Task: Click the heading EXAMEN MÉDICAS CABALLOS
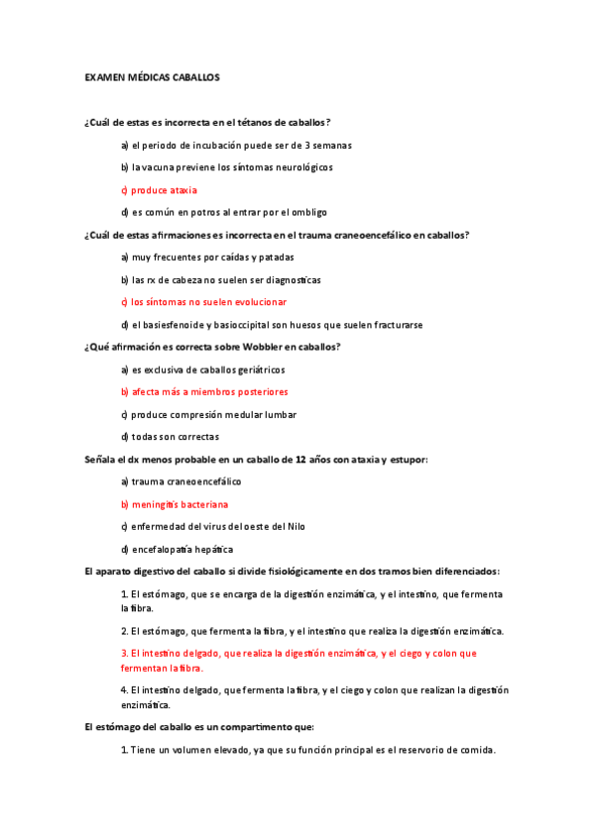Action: [x=152, y=76]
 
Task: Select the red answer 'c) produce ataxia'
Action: [x=159, y=189]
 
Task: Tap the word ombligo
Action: [x=310, y=212]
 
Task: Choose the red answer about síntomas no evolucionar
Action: [x=203, y=301]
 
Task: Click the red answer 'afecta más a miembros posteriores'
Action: [x=202, y=391]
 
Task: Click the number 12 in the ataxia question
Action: [x=300, y=459]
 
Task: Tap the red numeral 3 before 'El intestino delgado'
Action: [x=123, y=653]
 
